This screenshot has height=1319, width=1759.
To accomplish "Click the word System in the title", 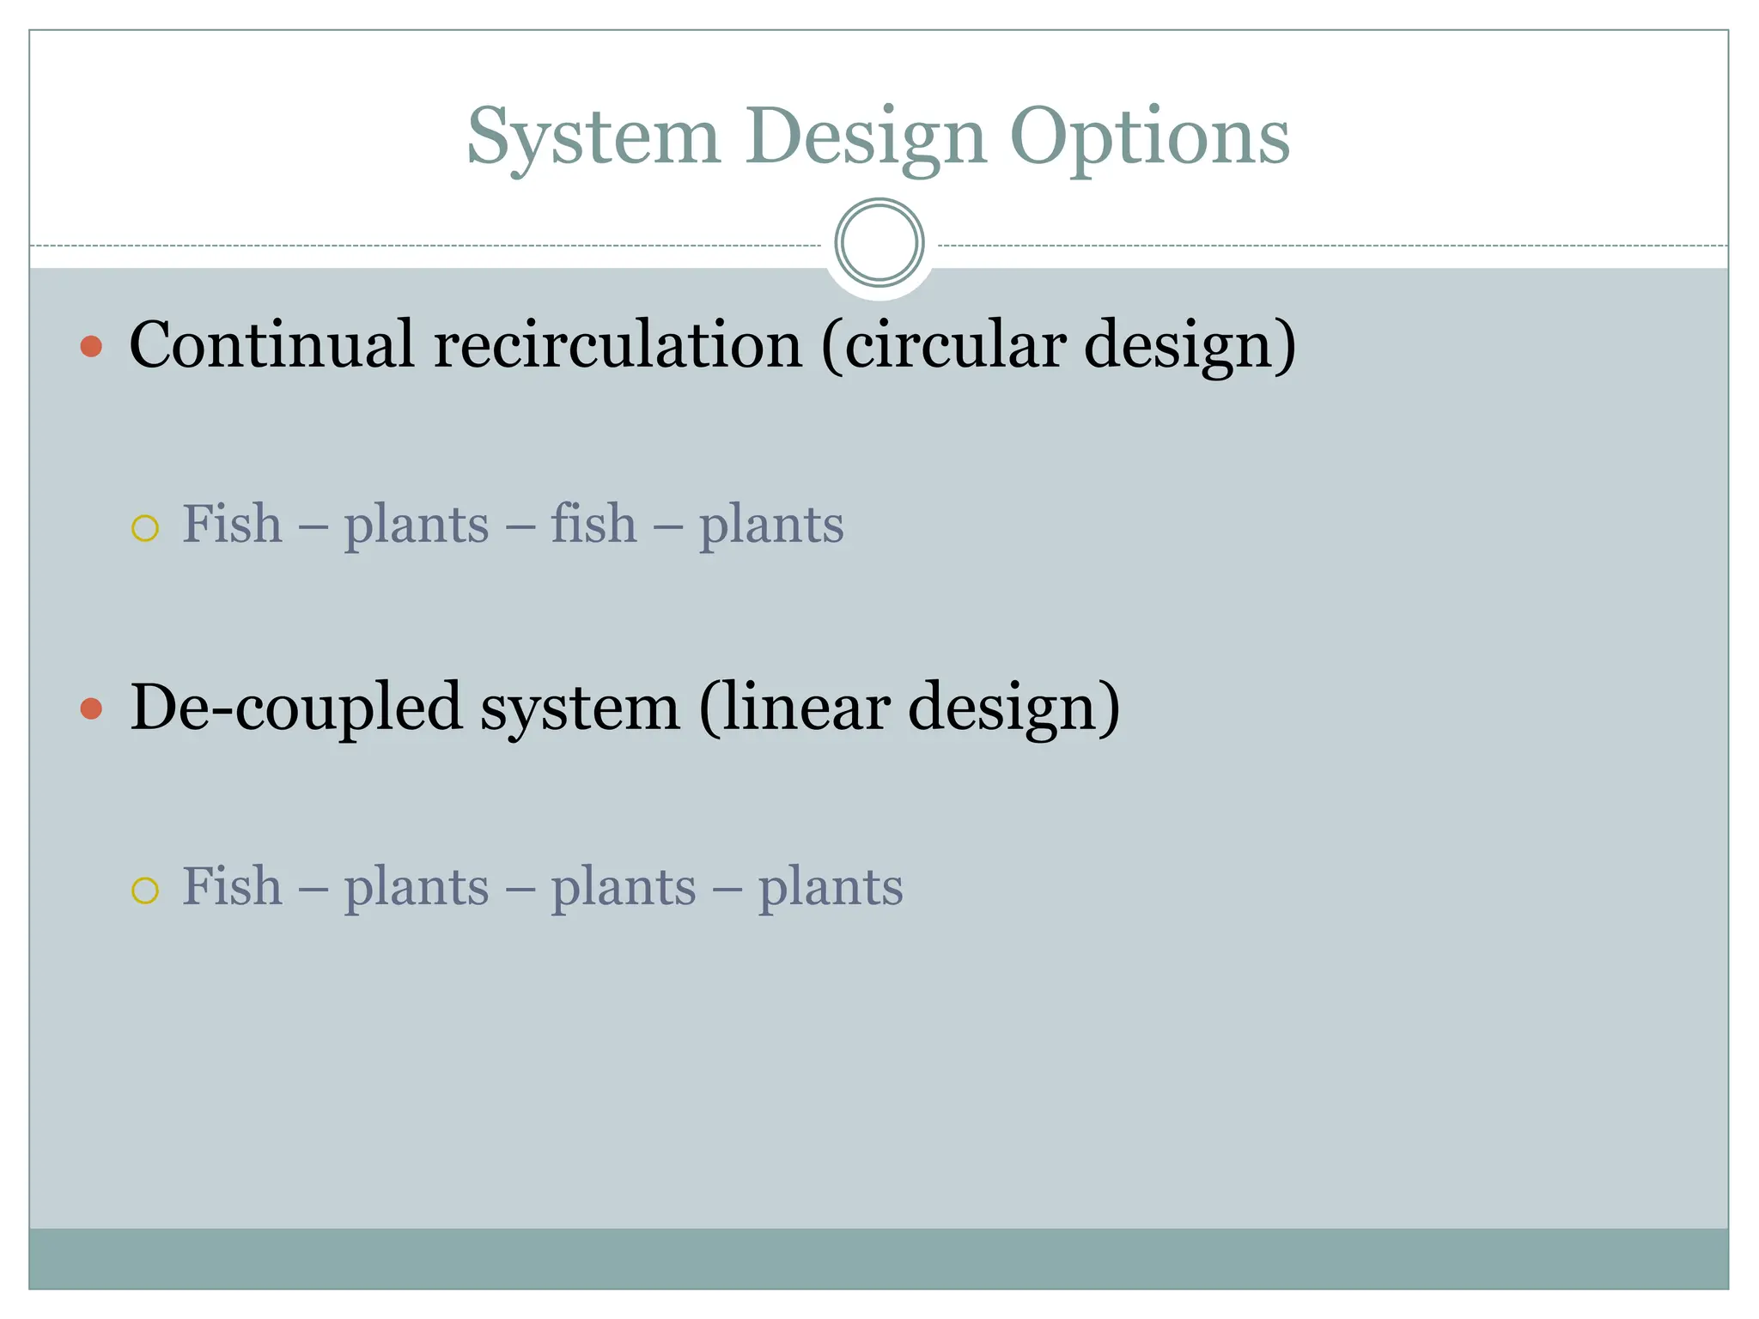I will [x=593, y=137].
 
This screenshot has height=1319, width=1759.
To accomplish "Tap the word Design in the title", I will [x=866, y=137].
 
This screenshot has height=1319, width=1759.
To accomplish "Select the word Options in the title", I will [x=1149, y=137].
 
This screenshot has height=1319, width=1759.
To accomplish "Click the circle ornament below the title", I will [x=879, y=243].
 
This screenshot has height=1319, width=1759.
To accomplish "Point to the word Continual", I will [x=272, y=344].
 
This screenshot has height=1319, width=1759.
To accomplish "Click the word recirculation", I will [x=618, y=344].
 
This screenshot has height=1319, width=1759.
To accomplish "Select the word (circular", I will [x=944, y=344].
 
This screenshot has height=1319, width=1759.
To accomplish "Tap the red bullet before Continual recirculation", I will [x=91, y=347].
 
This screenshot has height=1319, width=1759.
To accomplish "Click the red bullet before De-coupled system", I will [x=91, y=709].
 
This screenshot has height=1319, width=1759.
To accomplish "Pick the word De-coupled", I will [x=296, y=708].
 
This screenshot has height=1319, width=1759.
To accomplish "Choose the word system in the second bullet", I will [x=580, y=708].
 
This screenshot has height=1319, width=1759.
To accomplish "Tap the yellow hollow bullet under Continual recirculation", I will [x=145, y=528].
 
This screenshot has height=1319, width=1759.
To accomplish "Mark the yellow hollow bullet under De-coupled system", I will [x=145, y=890].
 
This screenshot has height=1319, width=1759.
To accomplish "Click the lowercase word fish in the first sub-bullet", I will [x=593, y=523].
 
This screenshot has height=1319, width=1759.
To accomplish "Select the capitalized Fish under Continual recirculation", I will [x=232, y=523].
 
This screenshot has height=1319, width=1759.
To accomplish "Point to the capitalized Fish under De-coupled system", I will [x=232, y=885].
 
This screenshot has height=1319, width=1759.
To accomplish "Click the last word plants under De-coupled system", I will [x=831, y=887].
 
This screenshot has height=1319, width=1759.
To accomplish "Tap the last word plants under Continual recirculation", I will [x=771, y=525].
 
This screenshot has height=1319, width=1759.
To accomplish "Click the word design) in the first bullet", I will [x=1190, y=344].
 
